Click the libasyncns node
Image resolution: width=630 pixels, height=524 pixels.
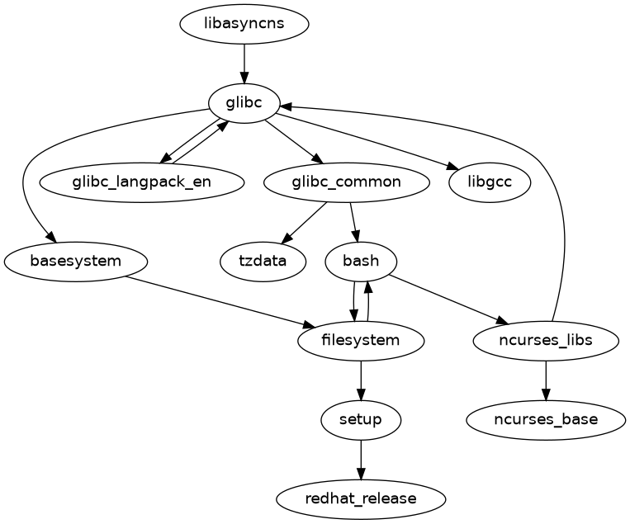[244, 23]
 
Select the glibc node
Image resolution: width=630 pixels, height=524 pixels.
[244, 103]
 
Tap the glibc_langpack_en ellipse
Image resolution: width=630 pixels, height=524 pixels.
[141, 182]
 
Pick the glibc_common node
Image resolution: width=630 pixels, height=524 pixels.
[346, 182]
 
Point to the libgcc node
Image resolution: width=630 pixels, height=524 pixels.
[490, 182]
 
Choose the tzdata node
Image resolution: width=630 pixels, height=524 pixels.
[263, 262]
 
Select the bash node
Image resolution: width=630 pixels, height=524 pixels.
[361, 262]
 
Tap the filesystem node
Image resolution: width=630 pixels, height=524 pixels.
[361, 340]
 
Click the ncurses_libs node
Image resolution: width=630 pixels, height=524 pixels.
[546, 340]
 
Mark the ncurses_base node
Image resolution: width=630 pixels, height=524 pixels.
[546, 419]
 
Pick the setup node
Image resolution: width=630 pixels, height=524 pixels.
[361, 419]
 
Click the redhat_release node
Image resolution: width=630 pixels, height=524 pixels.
[361, 498]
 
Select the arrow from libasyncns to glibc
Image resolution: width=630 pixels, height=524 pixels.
[244, 63]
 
